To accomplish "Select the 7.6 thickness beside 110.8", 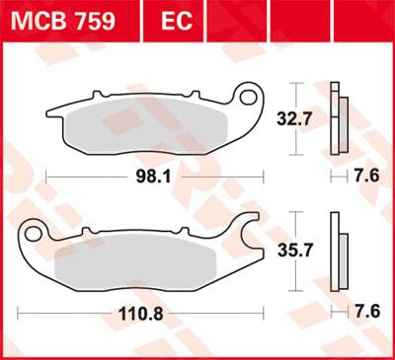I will tap(367, 311).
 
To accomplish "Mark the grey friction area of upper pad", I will tap(148, 123).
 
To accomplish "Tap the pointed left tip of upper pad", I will tap(52, 114).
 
